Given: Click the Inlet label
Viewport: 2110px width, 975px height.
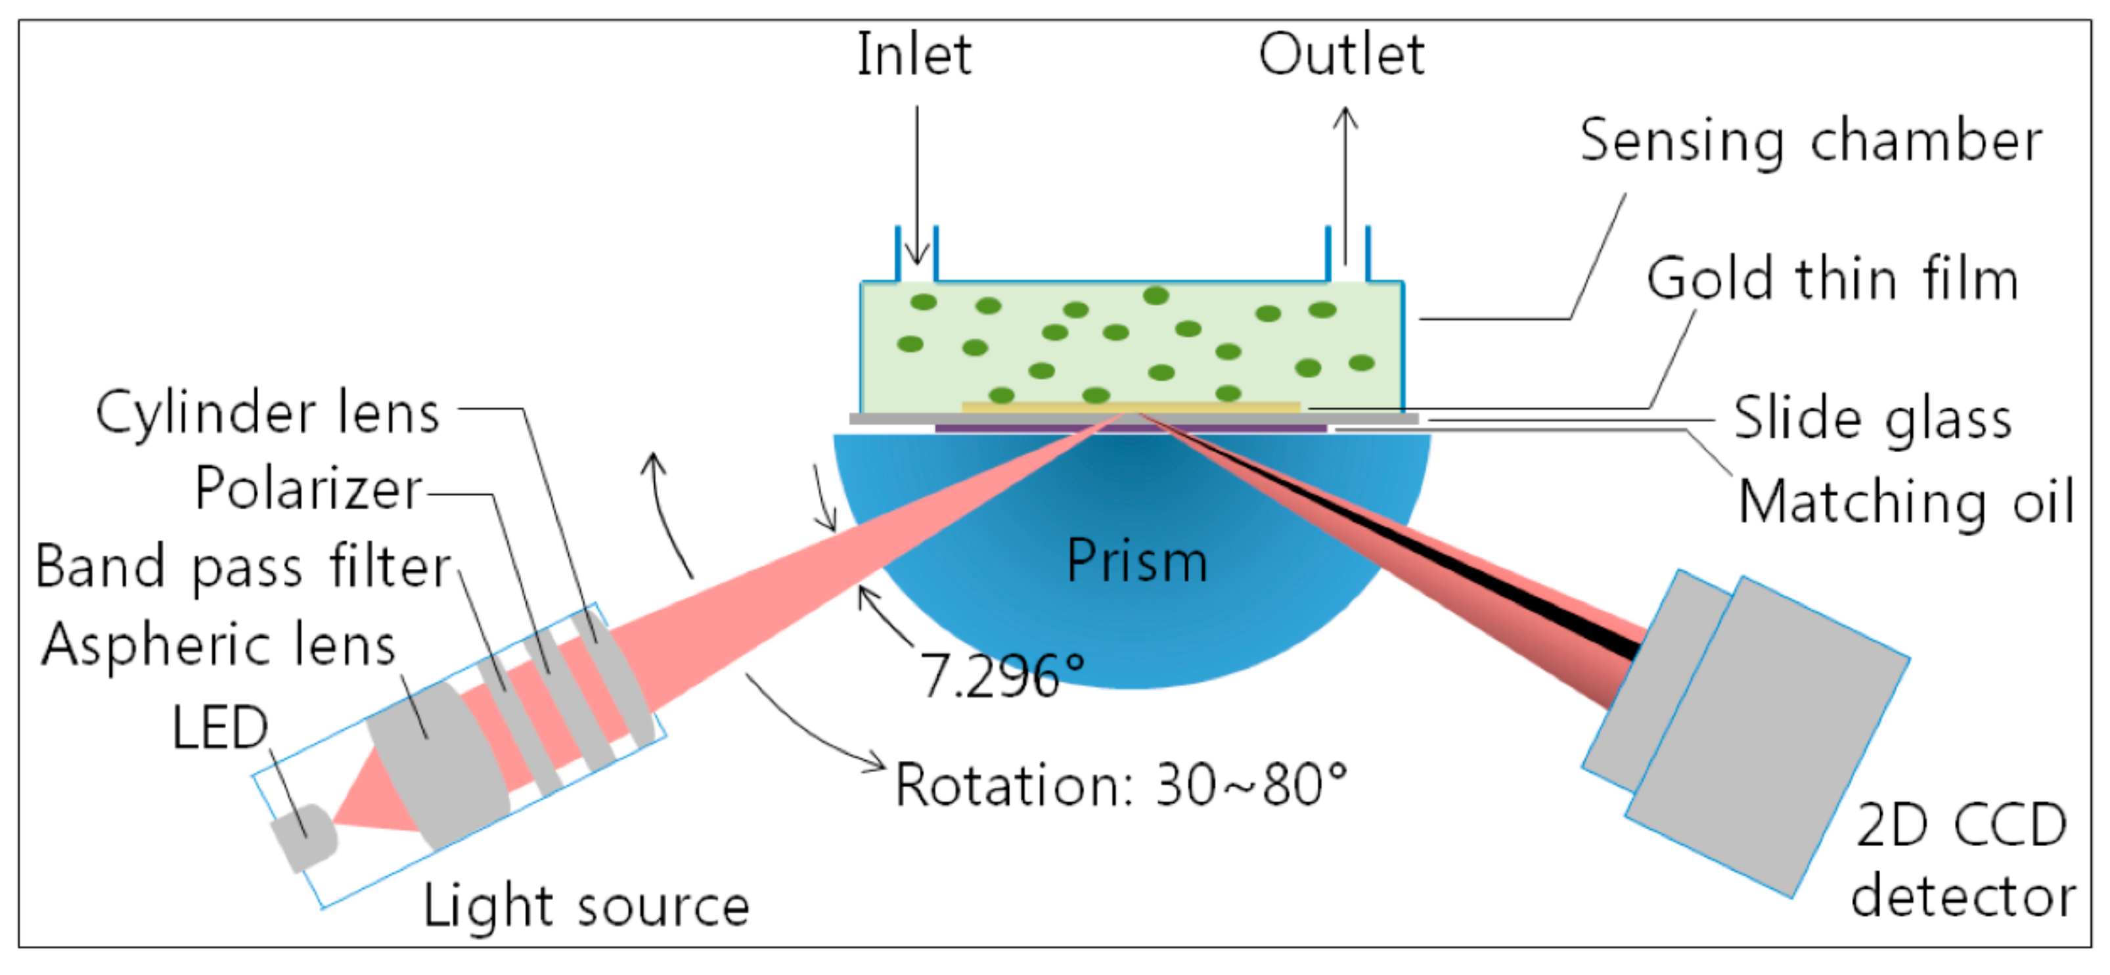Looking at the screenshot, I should pyautogui.click(x=914, y=55).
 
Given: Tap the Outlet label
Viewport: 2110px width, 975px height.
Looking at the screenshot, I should pyautogui.click(x=1341, y=55).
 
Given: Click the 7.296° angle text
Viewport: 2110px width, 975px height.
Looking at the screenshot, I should pyautogui.click(x=1001, y=677).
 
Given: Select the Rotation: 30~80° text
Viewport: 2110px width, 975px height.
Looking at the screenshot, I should pyautogui.click(x=1121, y=785).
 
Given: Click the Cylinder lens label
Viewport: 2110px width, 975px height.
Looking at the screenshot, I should pyautogui.click(x=268, y=412).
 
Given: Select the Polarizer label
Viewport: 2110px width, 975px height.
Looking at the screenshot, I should pyautogui.click(x=308, y=489).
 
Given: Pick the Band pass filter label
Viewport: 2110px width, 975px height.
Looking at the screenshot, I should pyautogui.click(x=243, y=567).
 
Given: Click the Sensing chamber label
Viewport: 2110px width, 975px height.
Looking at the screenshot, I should pyautogui.click(x=1810, y=141).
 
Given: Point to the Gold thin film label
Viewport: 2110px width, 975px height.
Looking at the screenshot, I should pyautogui.click(x=1831, y=279).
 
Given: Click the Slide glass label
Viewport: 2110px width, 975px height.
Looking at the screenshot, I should pyautogui.click(x=1872, y=419).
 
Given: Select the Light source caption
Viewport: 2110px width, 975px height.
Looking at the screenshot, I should pyautogui.click(x=586, y=906).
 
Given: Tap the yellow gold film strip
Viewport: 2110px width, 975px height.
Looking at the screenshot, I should pyautogui.click(x=1131, y=407).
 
